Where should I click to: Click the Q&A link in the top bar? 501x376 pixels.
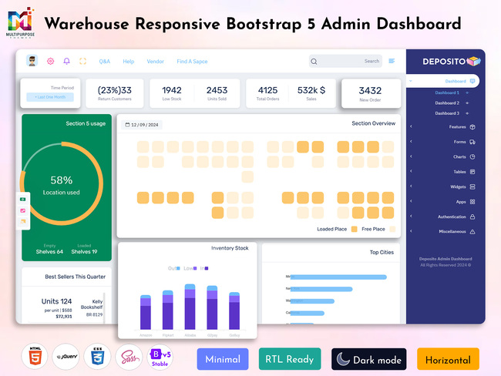[x=105, y=61]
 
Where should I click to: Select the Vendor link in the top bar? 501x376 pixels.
[x=155, y=61]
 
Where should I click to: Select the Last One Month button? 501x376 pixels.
[x=50, y=97]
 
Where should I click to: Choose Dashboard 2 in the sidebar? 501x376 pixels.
[x=447, y=102]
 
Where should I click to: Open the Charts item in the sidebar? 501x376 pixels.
[x=459, y=156]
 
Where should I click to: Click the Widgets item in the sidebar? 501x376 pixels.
[x=458, y=186]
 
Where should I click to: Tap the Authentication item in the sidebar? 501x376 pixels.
[x=452, y=217]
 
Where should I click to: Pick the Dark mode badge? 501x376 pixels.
[x=368, y=359]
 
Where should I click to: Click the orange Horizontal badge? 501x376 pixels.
[x=448, y=359]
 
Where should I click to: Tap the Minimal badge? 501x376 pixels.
[x=224, y=359]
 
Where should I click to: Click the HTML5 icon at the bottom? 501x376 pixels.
[x=34, y=357]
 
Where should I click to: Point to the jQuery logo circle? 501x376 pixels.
[x=66, y=357]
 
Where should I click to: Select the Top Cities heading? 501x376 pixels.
[x=382, y=252]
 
